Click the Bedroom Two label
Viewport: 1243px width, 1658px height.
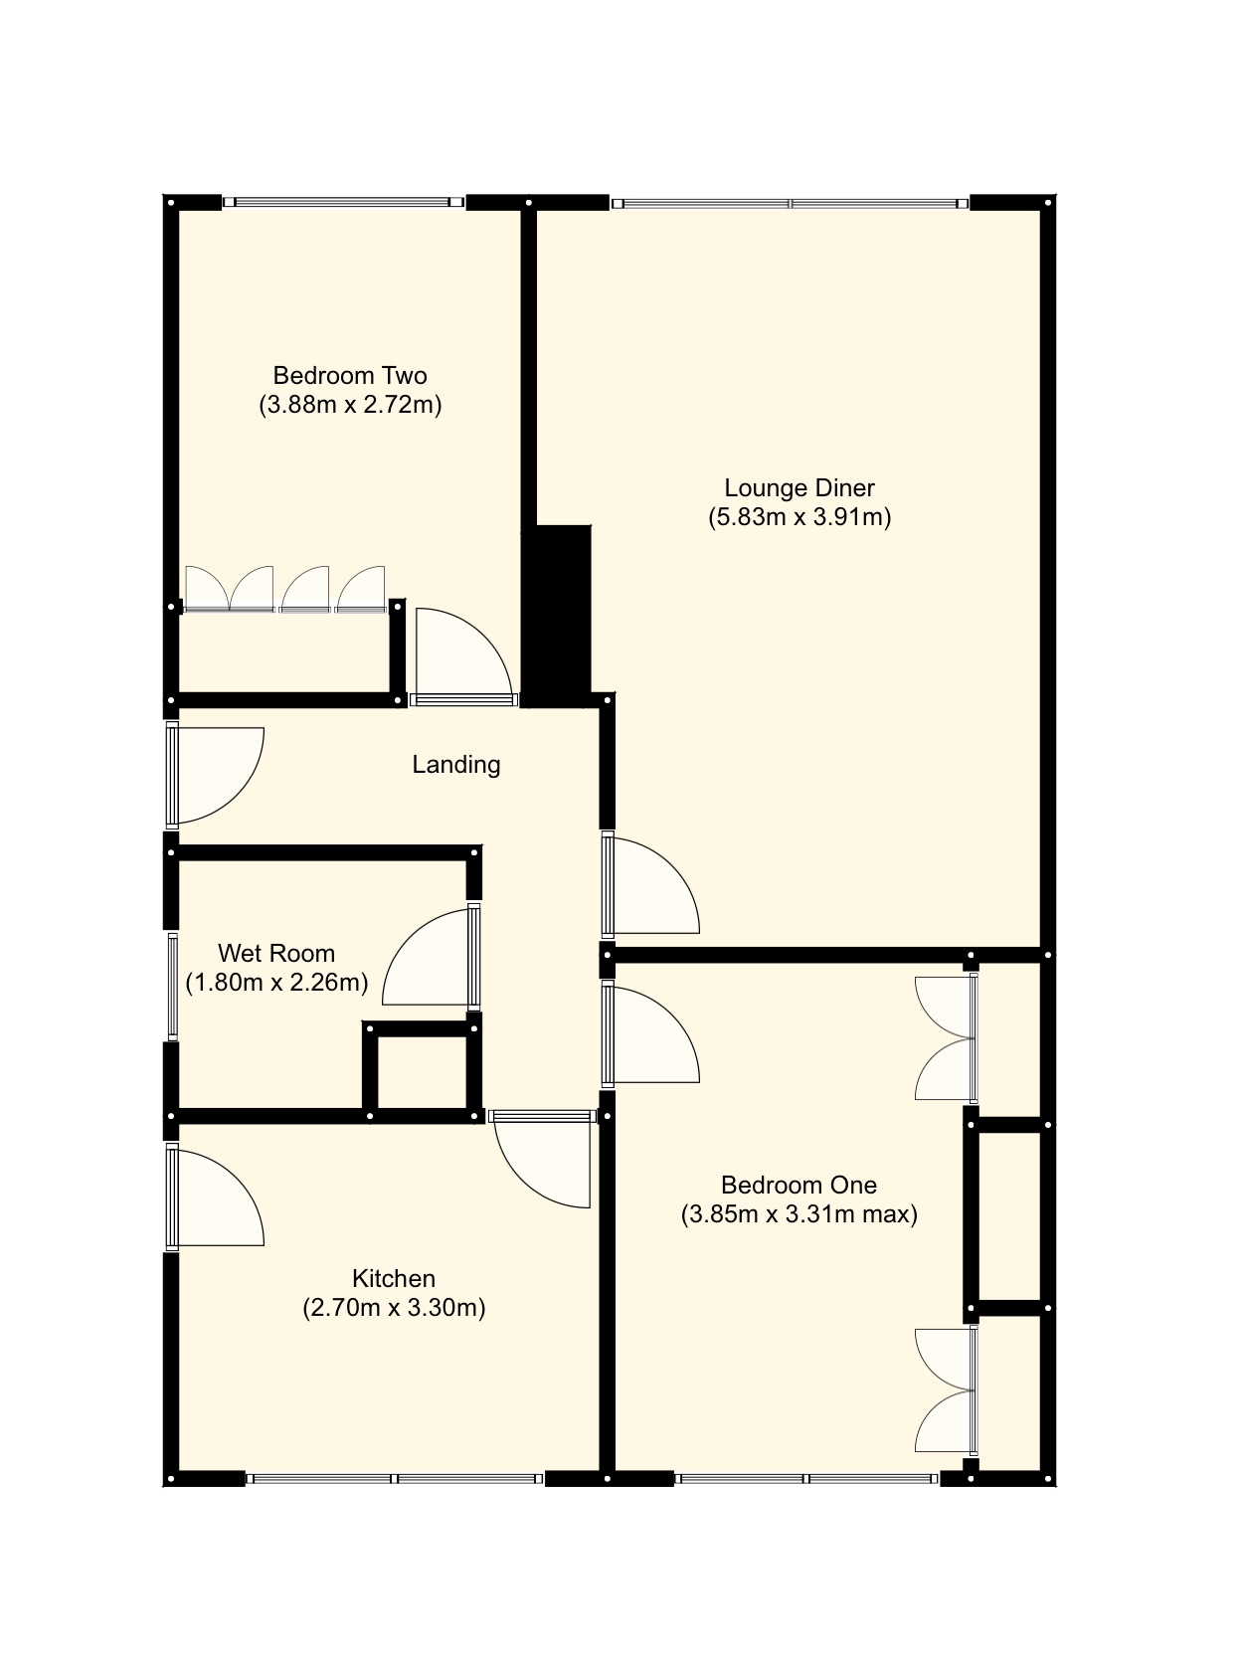pyautogui.click(x=350, y=376)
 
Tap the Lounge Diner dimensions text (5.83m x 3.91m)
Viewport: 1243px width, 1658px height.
pyautogui.click(x=799, y=517)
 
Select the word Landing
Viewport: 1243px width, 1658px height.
pyautogui.click(x=456, y=765)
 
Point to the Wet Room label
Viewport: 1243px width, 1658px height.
pyautogui.click(x=276, y=954)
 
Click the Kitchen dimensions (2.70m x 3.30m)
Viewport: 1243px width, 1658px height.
pyautogui.click(x=394, y=1308)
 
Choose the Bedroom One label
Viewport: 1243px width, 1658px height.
pyautogui.click(x=799, y=1186)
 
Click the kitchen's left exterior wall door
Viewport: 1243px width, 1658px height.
pyautogui.click(x=214, y=1197)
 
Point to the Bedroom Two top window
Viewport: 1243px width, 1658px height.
pyautogui.click(x=343, y=202)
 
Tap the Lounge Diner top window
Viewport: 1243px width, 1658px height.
pyautogui.click(x=791, y=204)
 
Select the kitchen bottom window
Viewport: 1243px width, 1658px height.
pyautogui.click(x=395, y=1479)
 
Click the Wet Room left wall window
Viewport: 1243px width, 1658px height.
pyautogui.click(x=172, y=986)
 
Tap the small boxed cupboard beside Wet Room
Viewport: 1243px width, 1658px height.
pyautogui.click(x=422, y=1073)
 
